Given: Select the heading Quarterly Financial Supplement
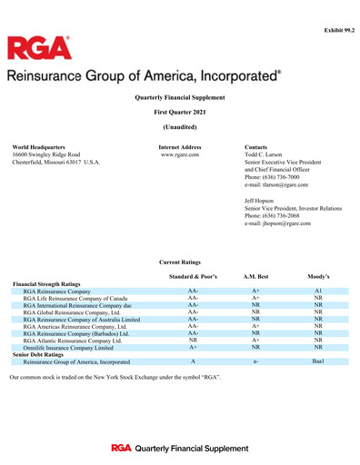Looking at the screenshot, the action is pos(180,96).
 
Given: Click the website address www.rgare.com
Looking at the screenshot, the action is pos(180,154).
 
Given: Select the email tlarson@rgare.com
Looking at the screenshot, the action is pos(276,184).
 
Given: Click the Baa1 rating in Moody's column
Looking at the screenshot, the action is pos(319,361).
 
